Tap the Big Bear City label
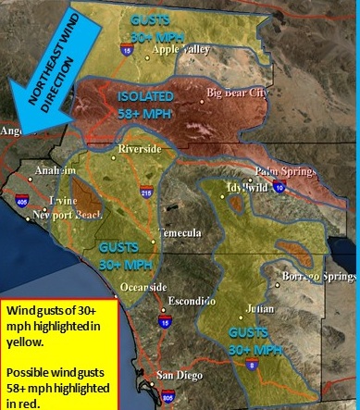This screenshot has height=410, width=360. pyautogui.click(x=242, y=93)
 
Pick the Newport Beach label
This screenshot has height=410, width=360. pyautogui.click(x=67, y=216)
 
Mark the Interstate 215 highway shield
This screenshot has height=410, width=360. pyautogui.click(x=146, y=192)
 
